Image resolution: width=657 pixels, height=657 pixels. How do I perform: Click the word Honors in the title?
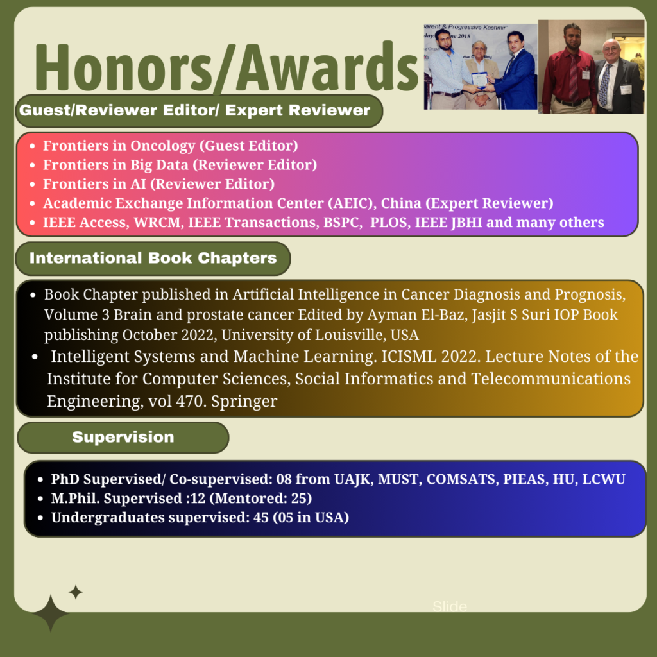[124, 67]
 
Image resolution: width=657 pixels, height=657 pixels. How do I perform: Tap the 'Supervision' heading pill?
[123, 438]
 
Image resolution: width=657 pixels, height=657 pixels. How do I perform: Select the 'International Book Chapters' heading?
[153, 258]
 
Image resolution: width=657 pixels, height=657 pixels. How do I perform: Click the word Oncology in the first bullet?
[162, 146]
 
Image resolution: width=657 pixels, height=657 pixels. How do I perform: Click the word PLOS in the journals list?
[388, 223]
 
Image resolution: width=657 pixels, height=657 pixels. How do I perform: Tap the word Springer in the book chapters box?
[244, 402]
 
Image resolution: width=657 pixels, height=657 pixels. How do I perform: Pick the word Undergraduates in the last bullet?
[108, 518]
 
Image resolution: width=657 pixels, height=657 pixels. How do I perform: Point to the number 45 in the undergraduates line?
[260, 518]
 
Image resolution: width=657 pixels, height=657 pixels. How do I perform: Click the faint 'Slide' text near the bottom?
[450, 606]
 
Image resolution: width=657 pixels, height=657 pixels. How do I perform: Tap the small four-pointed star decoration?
[76, 592]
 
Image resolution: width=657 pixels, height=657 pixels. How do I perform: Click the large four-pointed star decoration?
[50, 613]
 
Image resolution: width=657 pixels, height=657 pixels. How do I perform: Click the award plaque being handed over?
[479, 80]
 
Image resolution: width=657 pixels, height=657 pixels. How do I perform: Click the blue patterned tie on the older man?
[604, 85]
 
